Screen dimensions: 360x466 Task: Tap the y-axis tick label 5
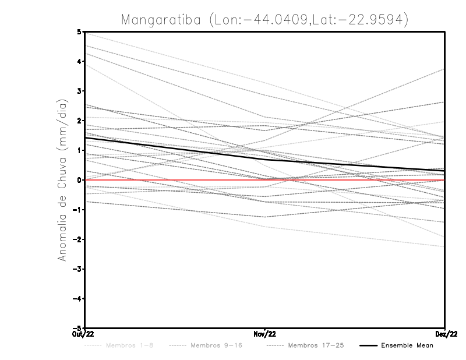coord(79,31)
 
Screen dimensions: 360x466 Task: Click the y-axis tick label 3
coord(79,91)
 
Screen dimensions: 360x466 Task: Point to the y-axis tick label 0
coord(79,180)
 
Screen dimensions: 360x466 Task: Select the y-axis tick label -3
coord(77,269)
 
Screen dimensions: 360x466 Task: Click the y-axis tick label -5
coord(77,328)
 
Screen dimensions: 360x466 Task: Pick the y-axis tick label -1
coord(77,210)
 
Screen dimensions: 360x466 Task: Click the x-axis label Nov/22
coord(265,334)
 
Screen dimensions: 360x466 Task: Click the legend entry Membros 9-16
coord(216,345)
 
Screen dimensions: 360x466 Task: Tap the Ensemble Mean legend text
coord(407,345)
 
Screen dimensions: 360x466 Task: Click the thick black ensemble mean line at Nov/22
coord(265,158)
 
